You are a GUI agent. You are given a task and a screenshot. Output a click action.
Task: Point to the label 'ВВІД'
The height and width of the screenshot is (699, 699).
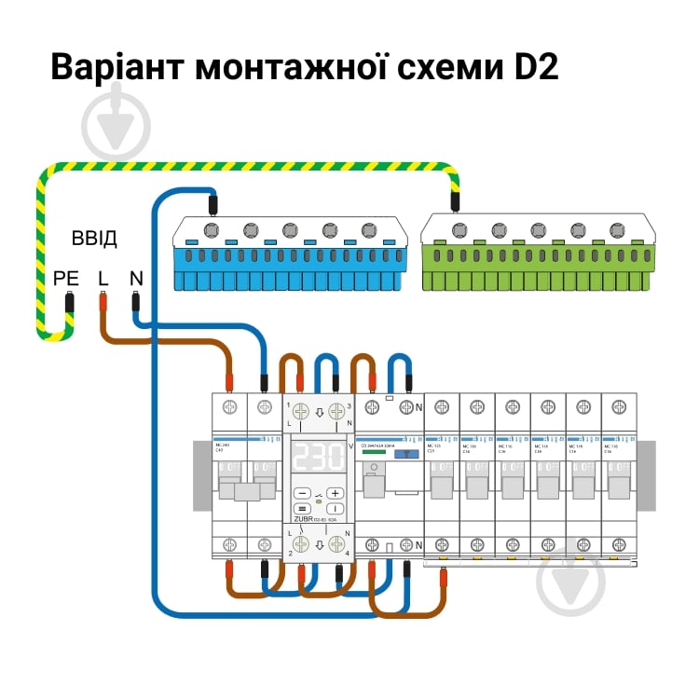click(94, 239)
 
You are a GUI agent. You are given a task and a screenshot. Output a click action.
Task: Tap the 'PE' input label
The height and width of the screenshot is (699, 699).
click(67, 278)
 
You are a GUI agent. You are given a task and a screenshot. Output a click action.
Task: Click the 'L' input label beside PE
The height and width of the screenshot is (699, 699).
click(103, 278)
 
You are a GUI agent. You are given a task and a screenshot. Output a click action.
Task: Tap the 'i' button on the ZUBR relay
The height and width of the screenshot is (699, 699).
click(336, 509)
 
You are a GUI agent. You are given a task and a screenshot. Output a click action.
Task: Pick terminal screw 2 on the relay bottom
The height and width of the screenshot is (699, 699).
click(300, 545)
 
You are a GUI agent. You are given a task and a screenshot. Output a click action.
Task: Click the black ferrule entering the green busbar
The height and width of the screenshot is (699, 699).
click(455, 201)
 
